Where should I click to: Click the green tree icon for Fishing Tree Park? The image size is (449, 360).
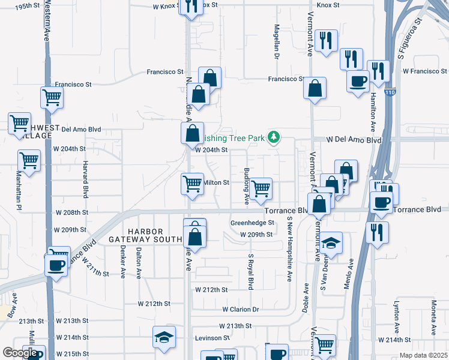point(274,137)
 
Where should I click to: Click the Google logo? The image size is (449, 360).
point(20,353)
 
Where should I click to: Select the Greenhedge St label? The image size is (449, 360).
point(252,222)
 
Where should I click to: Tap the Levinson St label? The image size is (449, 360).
point(212,338)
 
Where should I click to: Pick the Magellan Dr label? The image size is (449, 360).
point(277,43)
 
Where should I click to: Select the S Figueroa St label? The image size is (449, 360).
point(410,37)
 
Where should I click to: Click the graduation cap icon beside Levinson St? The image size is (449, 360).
point(163,337)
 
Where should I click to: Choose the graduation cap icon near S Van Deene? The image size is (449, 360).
point(331,243)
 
